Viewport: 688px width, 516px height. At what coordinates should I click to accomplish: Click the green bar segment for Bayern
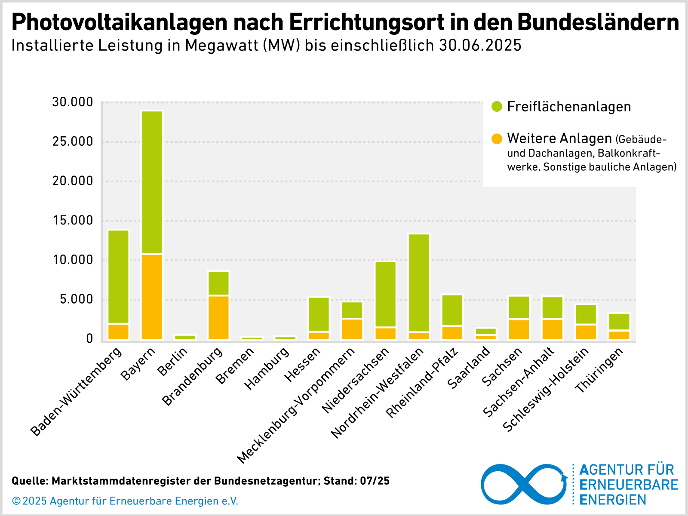(x=152, y=183)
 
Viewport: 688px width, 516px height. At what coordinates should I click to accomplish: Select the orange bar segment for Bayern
(x=152, y=297)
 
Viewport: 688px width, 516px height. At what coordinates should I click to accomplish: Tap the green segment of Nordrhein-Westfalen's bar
(x=419, y=283)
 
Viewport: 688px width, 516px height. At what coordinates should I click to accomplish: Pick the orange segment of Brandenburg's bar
(x=218, y=317)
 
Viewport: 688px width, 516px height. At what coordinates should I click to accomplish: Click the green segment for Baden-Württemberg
(x=118, y=276)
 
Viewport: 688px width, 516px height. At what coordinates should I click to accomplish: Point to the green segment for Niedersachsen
(x=386, y=295)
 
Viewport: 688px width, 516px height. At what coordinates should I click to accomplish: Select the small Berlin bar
(x=185, y=337)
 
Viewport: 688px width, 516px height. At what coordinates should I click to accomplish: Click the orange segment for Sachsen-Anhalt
(x=553, y=329)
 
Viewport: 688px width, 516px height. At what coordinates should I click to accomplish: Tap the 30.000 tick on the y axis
(x=72, y=102)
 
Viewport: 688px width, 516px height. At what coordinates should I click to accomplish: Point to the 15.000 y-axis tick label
(x=72, y=221)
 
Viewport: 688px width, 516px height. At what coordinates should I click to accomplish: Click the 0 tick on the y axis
(x=89, y=339)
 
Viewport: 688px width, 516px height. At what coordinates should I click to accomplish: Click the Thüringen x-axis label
(x=600, y=370)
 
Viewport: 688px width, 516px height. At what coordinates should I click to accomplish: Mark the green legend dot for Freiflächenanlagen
(x=497, y=107)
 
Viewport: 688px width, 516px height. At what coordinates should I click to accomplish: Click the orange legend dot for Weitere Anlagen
(x=497, y=138)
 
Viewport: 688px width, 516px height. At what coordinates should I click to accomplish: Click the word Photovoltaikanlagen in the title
(x=119, y=22)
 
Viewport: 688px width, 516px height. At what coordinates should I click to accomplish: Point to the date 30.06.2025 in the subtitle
(x=480, y=45)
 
